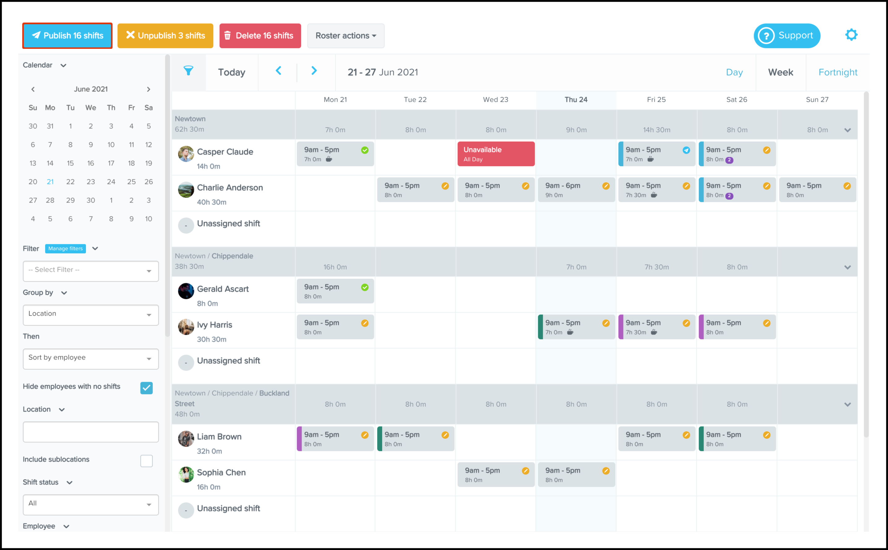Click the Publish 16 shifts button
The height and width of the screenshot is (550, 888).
point(67,36)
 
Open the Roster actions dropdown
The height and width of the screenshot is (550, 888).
point(345,36)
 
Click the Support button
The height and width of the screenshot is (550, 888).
point(787,36)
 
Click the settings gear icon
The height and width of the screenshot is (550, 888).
point(851,35)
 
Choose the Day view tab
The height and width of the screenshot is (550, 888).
point(734,72)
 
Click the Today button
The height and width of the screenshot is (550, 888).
point(232,72)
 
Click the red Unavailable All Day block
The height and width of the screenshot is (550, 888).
point(496,154)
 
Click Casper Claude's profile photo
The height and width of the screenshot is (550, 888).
point(186,154)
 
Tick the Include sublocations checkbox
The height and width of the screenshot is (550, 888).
point(146,461)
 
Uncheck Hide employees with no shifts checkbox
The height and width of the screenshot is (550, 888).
point(146,388)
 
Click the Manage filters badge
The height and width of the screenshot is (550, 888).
point(66,248)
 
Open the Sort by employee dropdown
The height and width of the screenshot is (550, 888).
point(91,359)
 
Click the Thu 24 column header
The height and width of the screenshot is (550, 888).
point(576,100)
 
